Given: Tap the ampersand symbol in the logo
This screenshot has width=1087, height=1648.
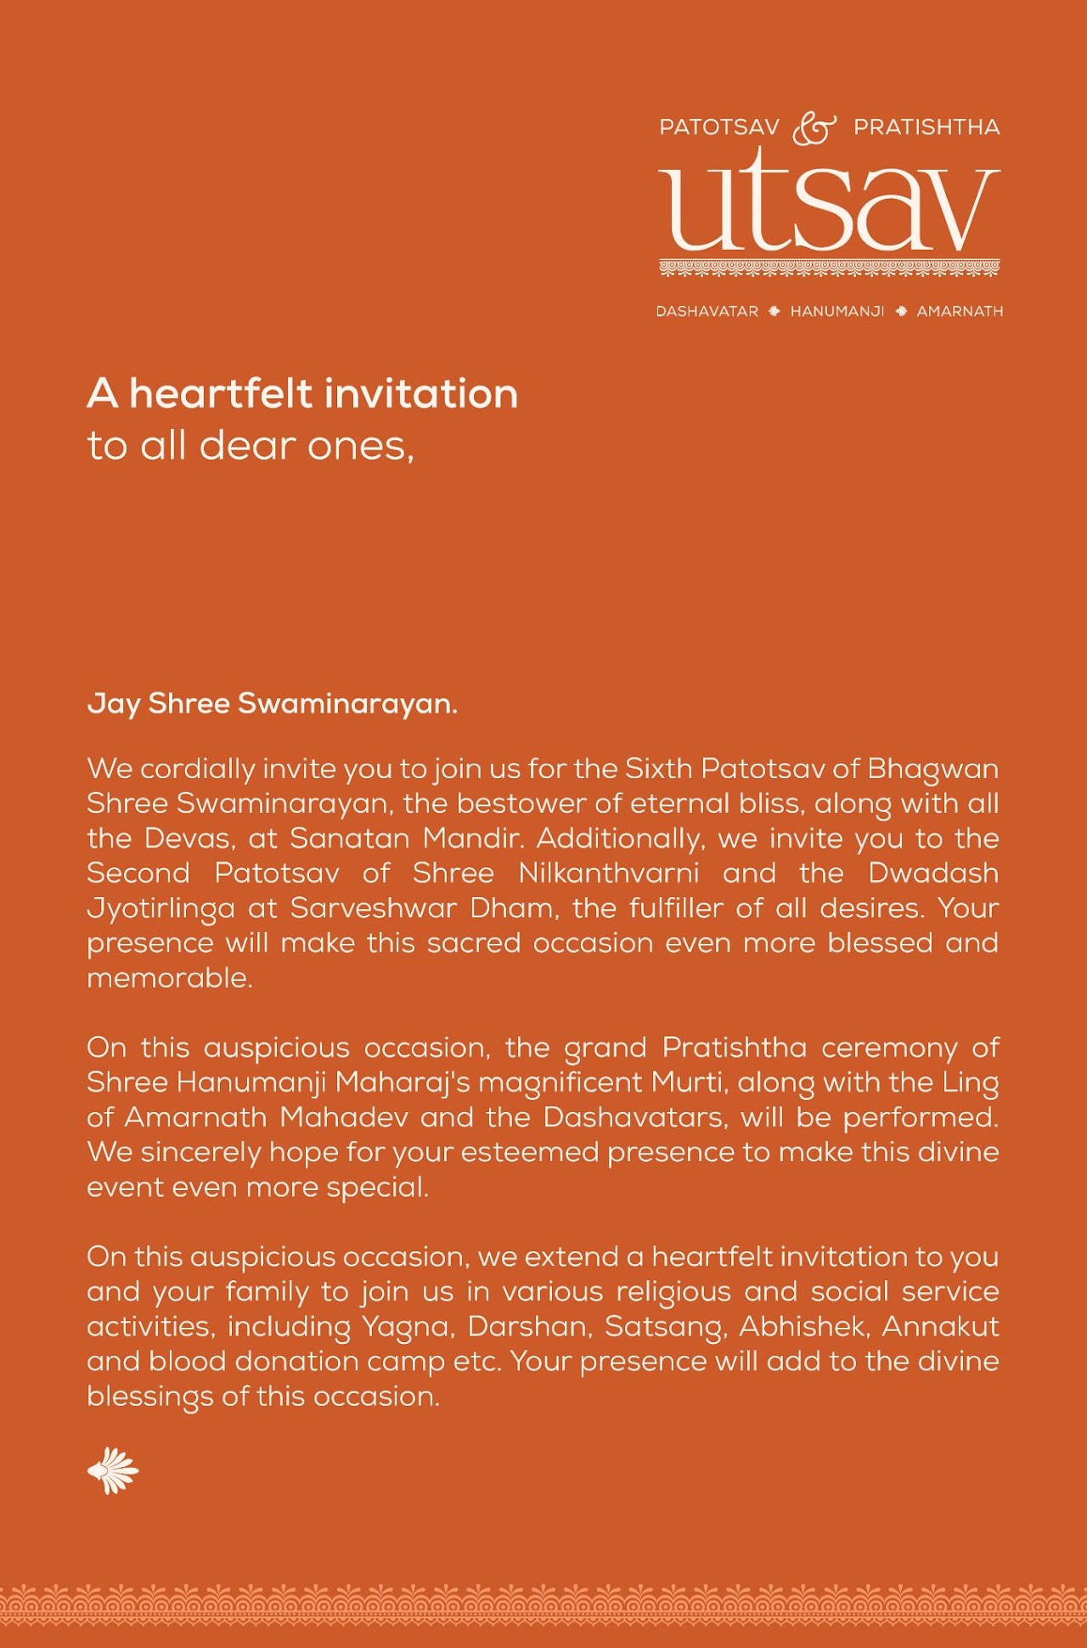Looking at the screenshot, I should tap(814, 128).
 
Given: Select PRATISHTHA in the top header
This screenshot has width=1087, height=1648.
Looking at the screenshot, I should tap(926, 127).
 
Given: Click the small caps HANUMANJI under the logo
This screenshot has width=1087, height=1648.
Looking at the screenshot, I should tap(837, 312).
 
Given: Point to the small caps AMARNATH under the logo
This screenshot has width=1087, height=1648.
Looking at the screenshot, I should tap(960, 312).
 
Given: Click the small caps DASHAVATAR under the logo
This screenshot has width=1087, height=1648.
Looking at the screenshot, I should tap(707, 312).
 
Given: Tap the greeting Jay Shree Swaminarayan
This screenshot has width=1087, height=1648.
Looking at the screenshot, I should tap(273, 703).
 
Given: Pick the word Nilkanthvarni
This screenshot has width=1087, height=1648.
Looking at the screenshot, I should tap(609, 873).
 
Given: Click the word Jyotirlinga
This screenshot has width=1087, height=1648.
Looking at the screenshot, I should tap(161, 909).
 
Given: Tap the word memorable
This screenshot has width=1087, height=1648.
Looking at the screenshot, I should tap(169, 979).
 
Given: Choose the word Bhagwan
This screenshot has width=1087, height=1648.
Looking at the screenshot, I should tap(932, 770).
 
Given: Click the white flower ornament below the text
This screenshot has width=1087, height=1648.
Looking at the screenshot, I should tap(113, 1470).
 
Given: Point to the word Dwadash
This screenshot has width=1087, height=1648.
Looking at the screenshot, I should tap(933, 873).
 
